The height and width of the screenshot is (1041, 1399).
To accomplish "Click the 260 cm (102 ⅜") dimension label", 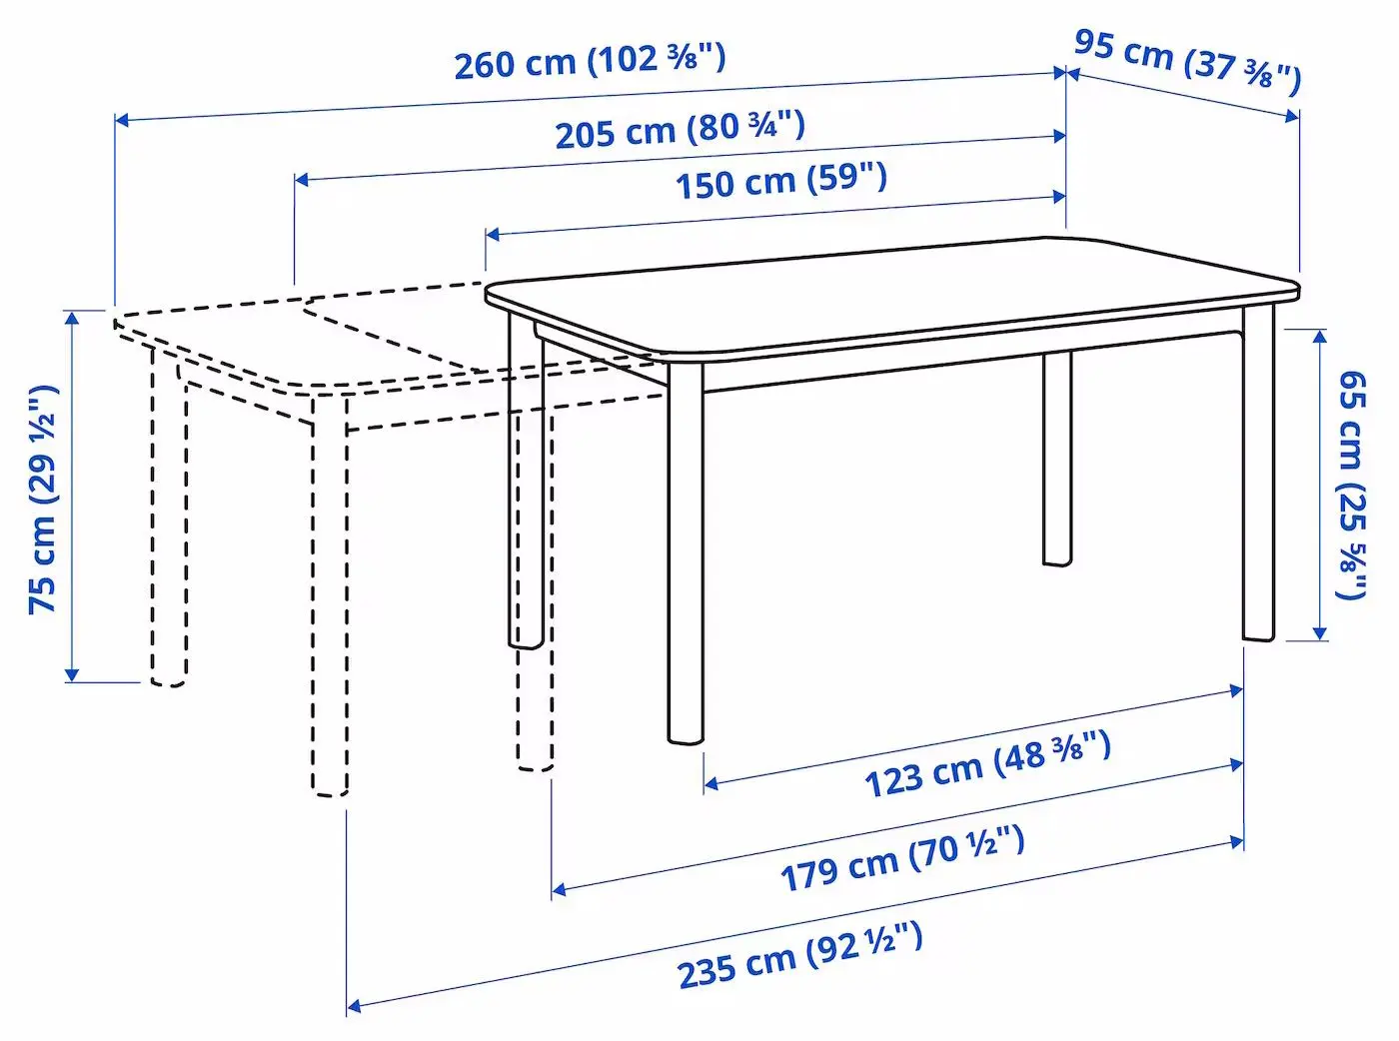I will [590, 61].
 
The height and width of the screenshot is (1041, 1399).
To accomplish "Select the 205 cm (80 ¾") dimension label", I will [680, 129].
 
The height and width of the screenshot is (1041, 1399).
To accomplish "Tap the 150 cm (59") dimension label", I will [780, 181].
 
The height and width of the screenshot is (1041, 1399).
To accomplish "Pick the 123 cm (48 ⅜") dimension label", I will [987, 763].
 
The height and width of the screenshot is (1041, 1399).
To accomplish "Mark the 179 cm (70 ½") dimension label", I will [901, 858].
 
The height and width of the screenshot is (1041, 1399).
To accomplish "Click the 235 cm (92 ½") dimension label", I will [799, 955].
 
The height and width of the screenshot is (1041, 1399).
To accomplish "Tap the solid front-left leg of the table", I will [686, 559].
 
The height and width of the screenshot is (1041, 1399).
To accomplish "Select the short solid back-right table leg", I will [1056, 460].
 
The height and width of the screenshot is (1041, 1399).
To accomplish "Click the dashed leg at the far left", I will [169, 520].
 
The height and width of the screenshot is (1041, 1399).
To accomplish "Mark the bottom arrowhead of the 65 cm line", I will [1319, 632].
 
